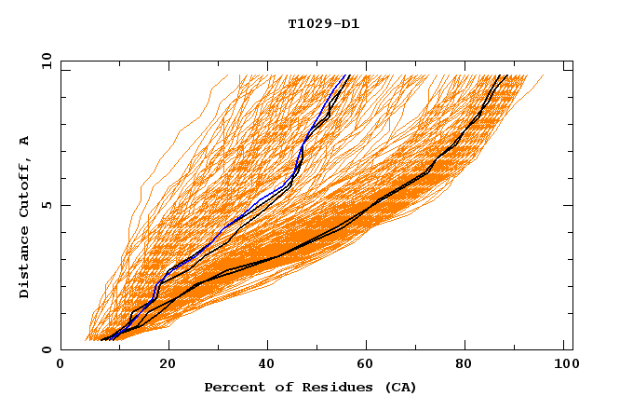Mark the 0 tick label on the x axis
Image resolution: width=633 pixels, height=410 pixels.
(x=61, y=366)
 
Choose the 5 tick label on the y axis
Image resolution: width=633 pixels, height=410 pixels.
(x=46, y=205)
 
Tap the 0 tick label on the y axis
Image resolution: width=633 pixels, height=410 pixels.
(x=46, y=349)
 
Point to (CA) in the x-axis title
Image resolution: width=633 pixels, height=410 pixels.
(x=399, y=387)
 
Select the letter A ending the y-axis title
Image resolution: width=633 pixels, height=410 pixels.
(x=25, y=141)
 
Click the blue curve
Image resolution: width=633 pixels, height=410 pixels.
(x=222, y=229)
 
